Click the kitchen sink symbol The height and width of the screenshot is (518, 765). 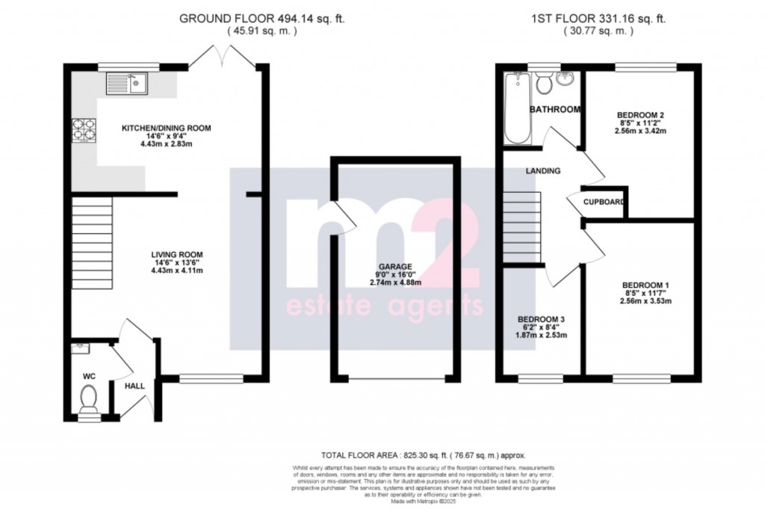point(128,82)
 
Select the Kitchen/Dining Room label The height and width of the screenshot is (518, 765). point(166,129)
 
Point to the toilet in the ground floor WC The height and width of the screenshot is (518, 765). point(88,397)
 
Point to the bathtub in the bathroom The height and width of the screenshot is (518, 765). point(515,109)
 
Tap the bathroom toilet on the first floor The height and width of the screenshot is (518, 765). point(543,83)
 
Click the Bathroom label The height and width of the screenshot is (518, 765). point(554,110)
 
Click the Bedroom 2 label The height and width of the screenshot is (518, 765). point(641,114)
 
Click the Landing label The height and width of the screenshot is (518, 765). point(542,170)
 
